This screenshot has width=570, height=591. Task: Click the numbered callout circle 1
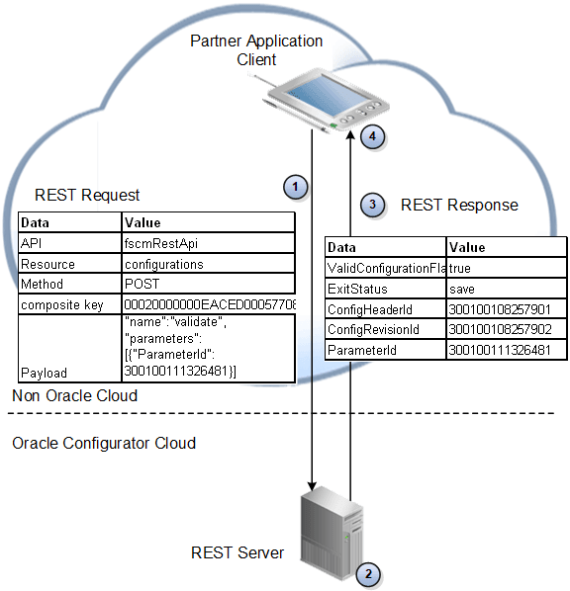click(x=294, y=186)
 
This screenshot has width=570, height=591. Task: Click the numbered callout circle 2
click(x=367, y=572)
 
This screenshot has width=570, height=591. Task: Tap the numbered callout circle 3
click(x=372, y=206)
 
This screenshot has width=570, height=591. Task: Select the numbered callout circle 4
click(x=372, y=136)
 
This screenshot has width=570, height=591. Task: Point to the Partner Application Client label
click(x=257, y=50)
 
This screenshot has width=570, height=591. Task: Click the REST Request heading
click(x=87, y=195)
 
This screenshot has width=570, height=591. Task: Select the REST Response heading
click(x=459, y=206)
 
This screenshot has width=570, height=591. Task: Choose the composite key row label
click(x=62, y=305)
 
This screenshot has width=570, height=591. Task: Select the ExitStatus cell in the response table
click(x=358, y=290)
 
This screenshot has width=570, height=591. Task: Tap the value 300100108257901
click(x=501, y=310)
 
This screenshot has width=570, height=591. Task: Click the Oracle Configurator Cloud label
click(x=104, y=443)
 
